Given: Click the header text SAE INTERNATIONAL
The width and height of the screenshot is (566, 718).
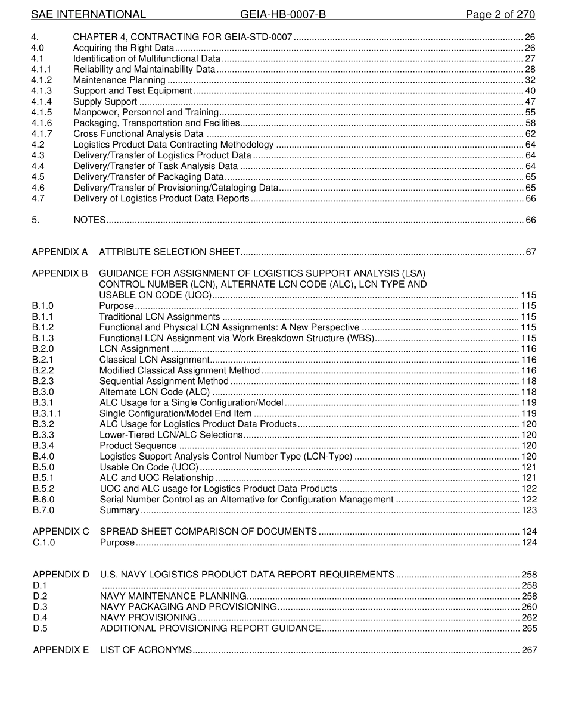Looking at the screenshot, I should tap(88, 15).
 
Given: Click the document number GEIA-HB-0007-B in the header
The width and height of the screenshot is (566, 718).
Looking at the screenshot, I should tap(283, 15).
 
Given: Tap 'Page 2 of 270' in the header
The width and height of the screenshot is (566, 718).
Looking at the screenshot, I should tap(500, 15).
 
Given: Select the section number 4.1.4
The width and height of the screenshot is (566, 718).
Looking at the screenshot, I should tap(42, 102).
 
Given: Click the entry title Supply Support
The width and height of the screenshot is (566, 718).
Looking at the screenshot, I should tap(105, 102).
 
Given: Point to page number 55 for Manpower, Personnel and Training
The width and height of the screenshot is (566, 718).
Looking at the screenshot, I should tap(530, 113).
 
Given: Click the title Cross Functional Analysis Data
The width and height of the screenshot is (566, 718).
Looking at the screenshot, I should tap(138, 134).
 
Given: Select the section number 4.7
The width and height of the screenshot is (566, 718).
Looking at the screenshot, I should tap(38, 198).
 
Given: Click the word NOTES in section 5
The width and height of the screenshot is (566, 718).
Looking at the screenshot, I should tap(90, 220).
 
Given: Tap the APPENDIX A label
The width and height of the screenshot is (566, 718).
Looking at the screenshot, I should tap(60, 252).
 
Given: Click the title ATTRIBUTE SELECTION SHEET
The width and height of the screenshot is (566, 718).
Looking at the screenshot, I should tap(169, 252).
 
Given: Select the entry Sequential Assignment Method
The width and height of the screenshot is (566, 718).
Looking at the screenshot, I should tap(164, 382).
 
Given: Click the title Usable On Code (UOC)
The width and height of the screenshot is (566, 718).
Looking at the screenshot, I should tap(149, 467).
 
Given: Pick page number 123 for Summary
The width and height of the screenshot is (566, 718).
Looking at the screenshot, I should tap(529, 510).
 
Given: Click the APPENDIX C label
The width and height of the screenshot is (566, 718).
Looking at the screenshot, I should tap(61, 532).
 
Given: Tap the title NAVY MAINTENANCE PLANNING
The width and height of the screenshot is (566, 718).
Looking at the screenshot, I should tap(173, 597).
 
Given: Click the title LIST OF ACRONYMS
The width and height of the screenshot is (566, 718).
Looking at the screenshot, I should tap(146, 650).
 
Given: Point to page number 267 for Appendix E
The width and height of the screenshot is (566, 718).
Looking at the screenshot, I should tap(529, 650).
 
